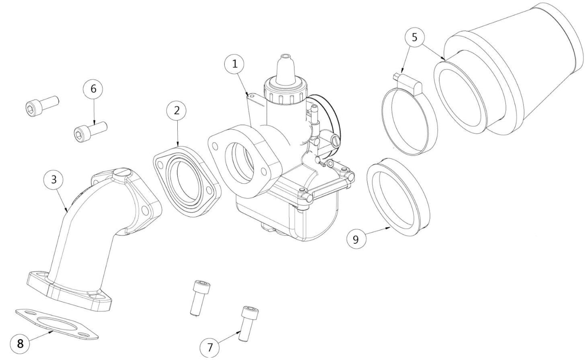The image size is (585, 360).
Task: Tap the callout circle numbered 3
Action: pyautogui.click(x=54, y=179)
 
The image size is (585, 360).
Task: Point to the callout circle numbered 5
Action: pyautogui.click(x=414, y=37)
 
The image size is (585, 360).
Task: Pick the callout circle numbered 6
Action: pyautogui.click(x=94, y=89)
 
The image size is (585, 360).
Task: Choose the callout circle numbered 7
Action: pyautogui.click(x=210, y=347)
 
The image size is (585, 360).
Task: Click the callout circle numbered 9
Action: pyautogui.click(x=355, y=239)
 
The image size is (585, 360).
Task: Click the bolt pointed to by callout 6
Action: pyautogui.click(x=90, y=131)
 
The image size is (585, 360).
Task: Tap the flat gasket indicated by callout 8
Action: pyautogui.click(x=57, y=324)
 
